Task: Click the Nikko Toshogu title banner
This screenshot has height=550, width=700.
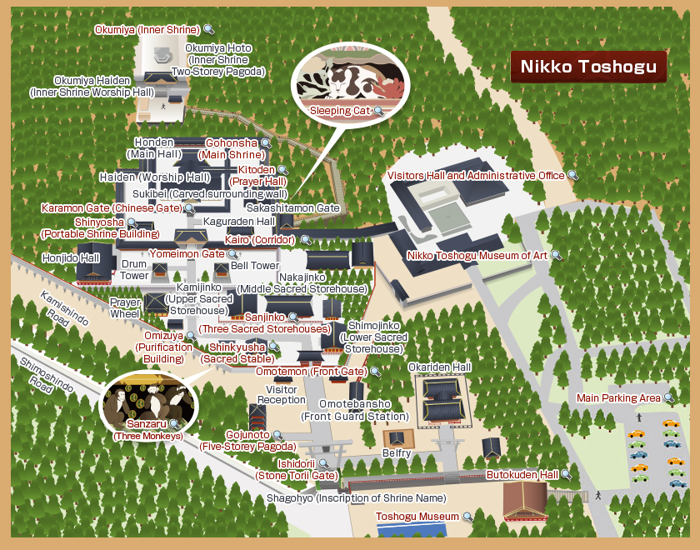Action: (x=588, y=67)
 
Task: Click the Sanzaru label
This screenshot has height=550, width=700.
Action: (x=141, y=425)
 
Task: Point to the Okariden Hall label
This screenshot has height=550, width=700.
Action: (x=439, y=367)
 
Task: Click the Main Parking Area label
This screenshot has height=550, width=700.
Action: (x=619, y=397)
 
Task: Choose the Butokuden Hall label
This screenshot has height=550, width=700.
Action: (x=522, y=474)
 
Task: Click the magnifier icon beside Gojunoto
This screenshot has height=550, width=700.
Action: (x=278, y=435)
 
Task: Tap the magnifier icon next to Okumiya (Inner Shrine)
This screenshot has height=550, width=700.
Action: (x=207, y=30)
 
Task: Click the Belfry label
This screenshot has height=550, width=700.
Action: (x=397, y=453)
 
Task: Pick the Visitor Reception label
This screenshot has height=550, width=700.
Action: (x=282, y=394)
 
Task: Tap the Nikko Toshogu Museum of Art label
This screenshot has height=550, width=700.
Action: (x=477, y=255)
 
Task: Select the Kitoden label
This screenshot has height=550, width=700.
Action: (x=257, y=170)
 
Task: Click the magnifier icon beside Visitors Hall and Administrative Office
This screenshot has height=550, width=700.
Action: (x=572, y=176)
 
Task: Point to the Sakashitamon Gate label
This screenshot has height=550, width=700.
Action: (x=292, y=207)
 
